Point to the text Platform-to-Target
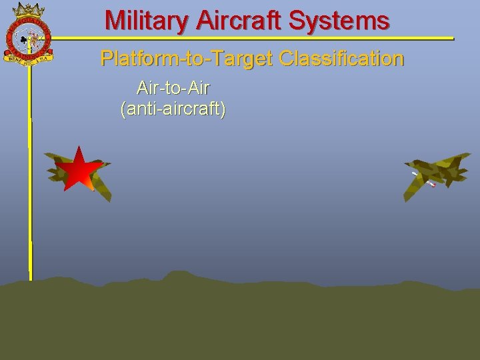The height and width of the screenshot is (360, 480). coord(187,59)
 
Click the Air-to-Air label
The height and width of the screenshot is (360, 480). coord(173,87)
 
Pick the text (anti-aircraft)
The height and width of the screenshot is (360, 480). coord(173,109)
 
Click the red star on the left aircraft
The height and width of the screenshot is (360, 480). coord(78,169)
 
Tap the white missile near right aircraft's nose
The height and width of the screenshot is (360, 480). coord(415,174)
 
